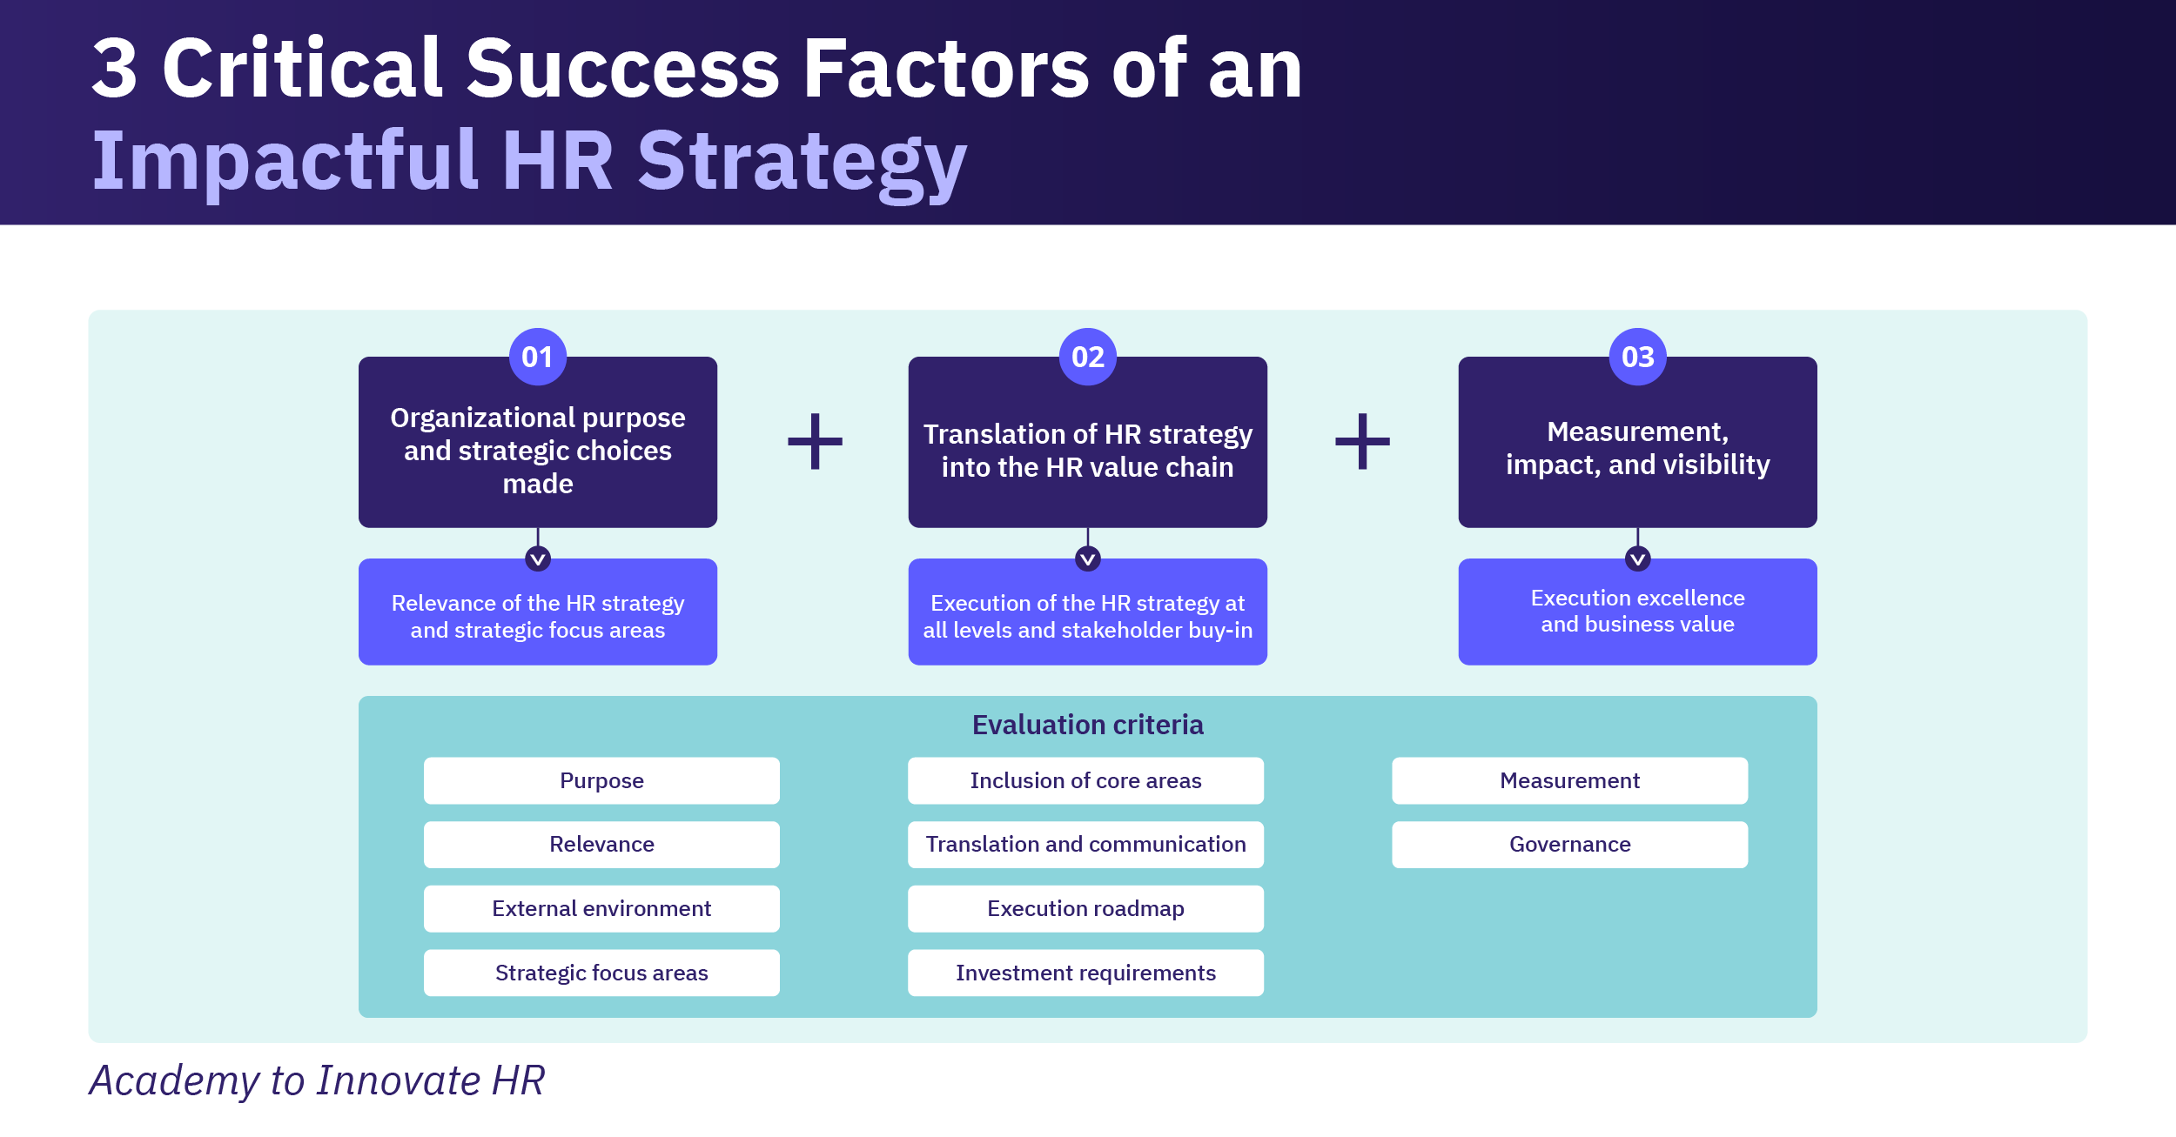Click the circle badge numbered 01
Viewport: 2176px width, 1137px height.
[537, 357]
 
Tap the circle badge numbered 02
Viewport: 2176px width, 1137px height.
[1087, 357]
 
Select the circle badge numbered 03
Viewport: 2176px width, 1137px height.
[1637, 357]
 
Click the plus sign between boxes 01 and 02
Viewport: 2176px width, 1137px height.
[815, 441]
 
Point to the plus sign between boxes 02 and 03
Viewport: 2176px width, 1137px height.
[1362, 441]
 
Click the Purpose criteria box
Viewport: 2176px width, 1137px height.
[601, 780]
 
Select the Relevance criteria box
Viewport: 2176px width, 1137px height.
[601, 844]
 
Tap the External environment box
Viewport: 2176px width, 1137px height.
[601, 908]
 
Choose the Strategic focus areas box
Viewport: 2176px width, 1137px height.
[601, 973]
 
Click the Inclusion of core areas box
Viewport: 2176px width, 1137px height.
[1085, 780]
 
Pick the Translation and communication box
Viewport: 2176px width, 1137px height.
[1085, 844]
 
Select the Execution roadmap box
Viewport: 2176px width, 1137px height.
[1085, 908]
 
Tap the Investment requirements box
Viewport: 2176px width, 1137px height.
[1085, 973]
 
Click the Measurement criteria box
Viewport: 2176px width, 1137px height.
[1569, 780]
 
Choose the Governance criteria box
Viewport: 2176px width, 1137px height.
[1569, 844]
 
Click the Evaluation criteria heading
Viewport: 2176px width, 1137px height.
[1087, 725]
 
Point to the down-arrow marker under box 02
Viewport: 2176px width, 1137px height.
[1087, 558]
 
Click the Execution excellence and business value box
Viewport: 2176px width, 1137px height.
[1637, 612]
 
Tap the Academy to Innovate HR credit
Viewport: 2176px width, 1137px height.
[318, 1080]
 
